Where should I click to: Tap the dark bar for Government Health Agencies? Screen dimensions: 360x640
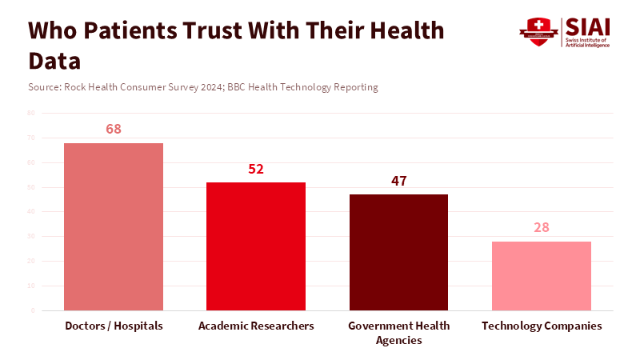(398, 252)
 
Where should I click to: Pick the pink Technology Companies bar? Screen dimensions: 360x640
(542, 276)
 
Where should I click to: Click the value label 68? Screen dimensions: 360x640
(114, 129)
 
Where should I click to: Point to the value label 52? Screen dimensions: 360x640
(256, 169)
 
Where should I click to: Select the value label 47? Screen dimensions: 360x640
(398, 181)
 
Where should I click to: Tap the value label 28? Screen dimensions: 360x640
(542, 227)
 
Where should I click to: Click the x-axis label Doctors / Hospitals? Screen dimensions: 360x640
(114, 326)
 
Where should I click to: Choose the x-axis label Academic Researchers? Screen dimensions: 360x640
(256, 326)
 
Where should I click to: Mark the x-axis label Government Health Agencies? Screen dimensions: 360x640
(398, 332)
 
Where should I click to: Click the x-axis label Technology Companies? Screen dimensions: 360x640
(542, 326)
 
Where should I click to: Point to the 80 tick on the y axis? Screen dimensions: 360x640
(31, 114)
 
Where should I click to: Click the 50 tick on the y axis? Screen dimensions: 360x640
(31, 187)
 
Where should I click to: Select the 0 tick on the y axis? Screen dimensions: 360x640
(33, 310)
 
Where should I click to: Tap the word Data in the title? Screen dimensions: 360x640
(54, 61)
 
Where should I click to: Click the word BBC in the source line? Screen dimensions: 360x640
(238, 87)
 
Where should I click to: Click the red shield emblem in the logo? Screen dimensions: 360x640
(538, 30)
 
